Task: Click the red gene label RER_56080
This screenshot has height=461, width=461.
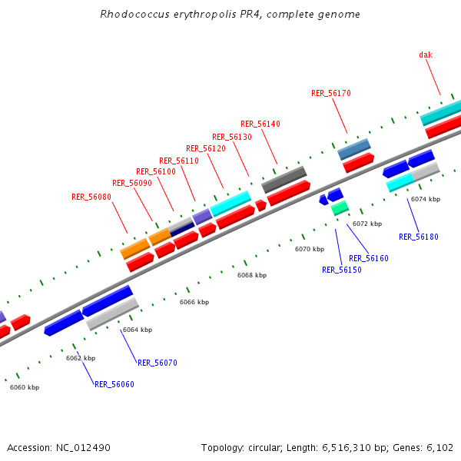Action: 91,197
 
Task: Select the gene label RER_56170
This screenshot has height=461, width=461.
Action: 330,93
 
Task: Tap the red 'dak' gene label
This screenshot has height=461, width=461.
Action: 426,55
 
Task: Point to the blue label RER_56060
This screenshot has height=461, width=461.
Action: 114,384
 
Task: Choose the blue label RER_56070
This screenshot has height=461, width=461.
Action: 158,363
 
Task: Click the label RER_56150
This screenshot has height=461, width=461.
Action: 341,270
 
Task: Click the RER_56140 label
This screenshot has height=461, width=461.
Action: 260,124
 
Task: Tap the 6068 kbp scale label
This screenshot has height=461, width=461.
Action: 251,275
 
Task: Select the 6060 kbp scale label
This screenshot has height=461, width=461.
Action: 25,387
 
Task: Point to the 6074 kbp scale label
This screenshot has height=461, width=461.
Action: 426,199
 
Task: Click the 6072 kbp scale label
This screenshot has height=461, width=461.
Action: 366,224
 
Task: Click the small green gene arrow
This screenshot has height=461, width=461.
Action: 340,207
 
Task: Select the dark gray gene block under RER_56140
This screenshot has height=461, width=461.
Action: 284,180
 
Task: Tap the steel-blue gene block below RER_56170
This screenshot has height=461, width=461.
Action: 354,149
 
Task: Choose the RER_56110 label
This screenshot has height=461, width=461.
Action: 179,161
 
